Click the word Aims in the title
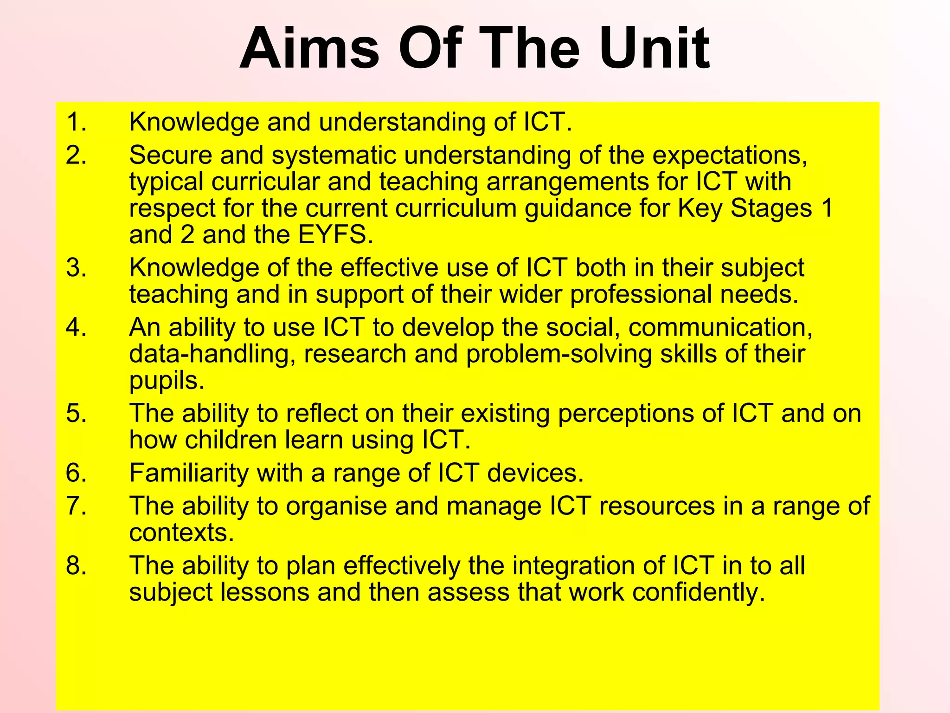310,49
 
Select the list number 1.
76,122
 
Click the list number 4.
76,327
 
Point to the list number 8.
76,566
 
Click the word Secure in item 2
170,155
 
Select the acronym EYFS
335,235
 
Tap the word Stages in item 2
771,208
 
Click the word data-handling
212,354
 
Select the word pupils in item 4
166,381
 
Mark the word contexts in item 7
181,532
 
